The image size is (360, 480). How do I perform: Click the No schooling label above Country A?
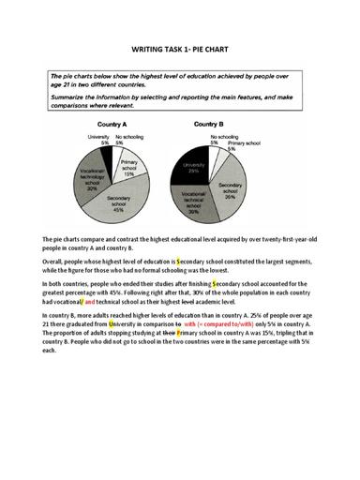tap(127, 138)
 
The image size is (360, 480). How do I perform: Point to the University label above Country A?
tap(100, 138)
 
